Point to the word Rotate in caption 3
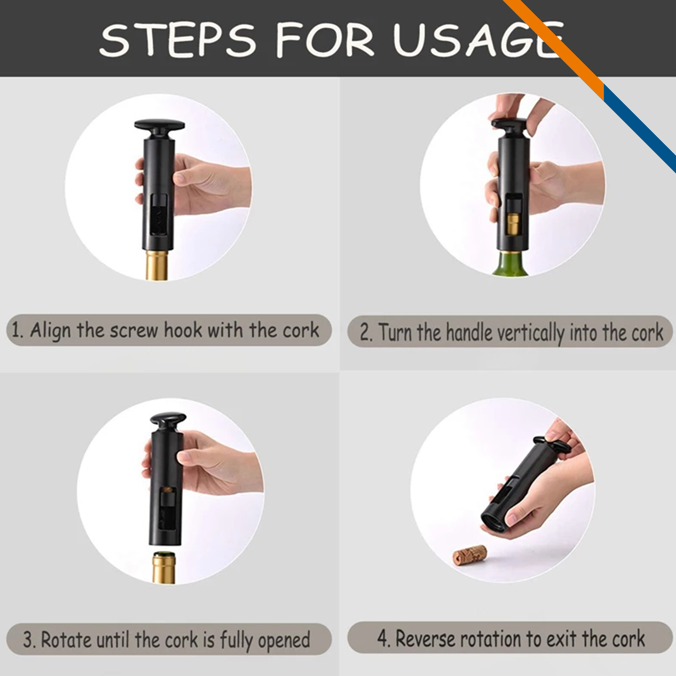pos(66,639)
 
